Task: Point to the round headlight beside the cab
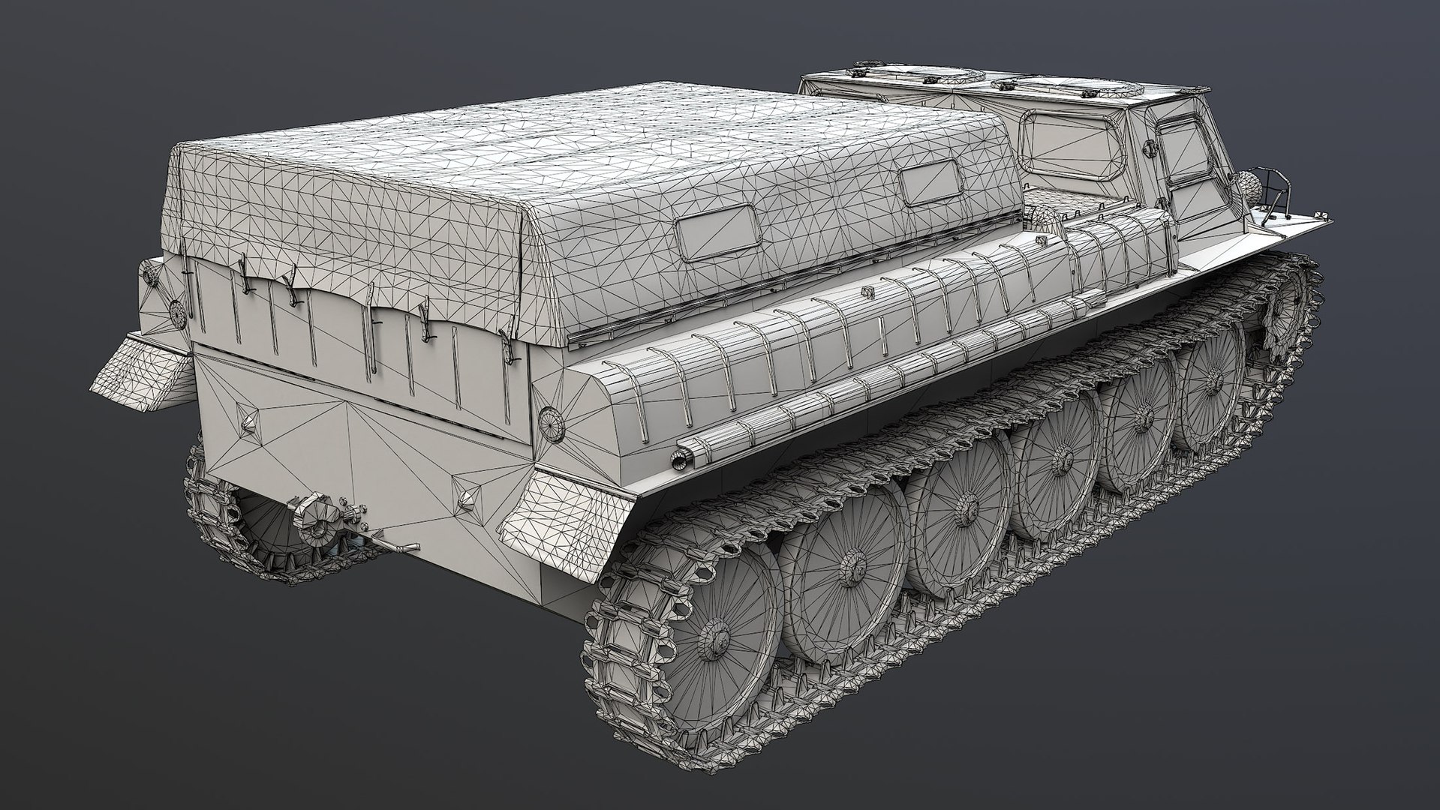click(x=1243, y=184)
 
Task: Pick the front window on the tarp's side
click(x=931, y=184)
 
